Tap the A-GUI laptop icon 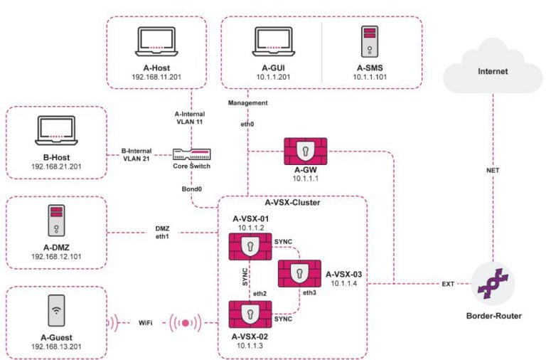270,41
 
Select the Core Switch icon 192,154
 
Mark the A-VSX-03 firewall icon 299,274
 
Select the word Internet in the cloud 493,71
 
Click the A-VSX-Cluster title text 292,203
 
